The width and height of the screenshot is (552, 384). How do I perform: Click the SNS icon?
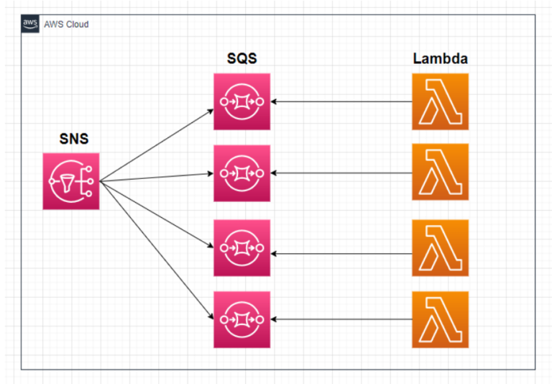(x=71, y=181)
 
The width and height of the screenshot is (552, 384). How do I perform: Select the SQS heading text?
(x=241, y=58)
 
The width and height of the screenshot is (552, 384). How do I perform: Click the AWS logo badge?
(x=31, y=24)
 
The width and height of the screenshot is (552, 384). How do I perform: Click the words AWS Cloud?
(x=66, y=24)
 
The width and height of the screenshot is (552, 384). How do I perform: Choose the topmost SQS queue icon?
(x=241, y=101)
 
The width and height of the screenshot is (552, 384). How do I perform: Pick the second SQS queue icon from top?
(x=241, y=173)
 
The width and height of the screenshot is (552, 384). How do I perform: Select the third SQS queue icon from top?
(x=241, y=247)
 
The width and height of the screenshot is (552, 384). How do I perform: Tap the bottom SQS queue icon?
(x=241, y=319)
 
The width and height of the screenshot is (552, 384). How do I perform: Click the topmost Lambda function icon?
(x=440, y=101)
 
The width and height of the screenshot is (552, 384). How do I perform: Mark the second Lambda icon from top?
(x=440, y=172)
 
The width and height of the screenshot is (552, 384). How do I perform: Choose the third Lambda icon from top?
(x=440, y=249)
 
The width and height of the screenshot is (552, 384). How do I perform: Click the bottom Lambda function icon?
(x=440, y=319)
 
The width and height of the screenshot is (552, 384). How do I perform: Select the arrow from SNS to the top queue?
(x=157, y=145)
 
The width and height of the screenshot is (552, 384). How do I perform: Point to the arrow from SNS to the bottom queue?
(x=157, y=249)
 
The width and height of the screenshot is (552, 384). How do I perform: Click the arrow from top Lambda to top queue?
(x=341, y=101)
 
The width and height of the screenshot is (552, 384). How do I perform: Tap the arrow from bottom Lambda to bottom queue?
(x=341, y=319)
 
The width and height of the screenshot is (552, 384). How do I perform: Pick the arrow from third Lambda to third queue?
(x=341, y=254)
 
